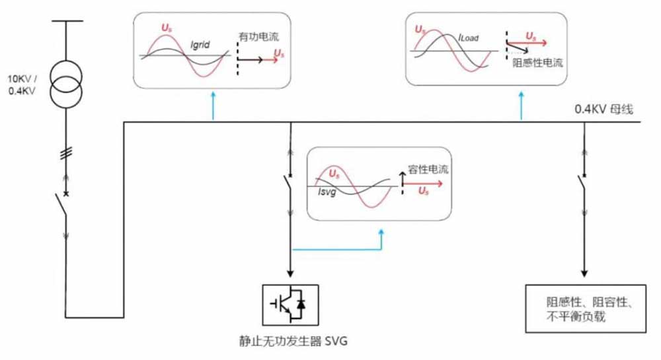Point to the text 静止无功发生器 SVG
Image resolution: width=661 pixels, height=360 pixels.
click(x=292, y=342)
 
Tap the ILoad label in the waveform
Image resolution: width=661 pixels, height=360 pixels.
click(x=469, y=39)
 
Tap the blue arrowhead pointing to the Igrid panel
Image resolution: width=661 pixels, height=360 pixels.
click(x=213, y=96)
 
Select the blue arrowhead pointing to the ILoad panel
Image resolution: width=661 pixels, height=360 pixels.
click(x=521, y=96)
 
